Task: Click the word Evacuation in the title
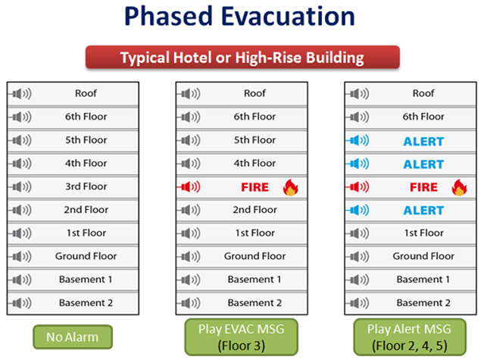point(288,16)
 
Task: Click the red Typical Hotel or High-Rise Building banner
point(242,57)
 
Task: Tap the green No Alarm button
point(73,337)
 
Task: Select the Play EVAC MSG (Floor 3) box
point(242,337)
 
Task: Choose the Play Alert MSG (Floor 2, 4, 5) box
point(410,337)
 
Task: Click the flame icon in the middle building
point(290,187)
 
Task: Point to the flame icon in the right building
point(459,187)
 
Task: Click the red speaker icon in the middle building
point(189,186)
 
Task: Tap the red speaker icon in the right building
point(358,186)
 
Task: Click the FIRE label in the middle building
point(255,187)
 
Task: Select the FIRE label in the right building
point(424,187)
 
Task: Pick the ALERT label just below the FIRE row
point(424,211)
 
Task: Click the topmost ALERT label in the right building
point(424,142)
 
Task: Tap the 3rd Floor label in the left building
point(86,186)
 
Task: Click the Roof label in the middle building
point(254,93)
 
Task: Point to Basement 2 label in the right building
point(423,303)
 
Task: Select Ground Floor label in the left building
point(86,256)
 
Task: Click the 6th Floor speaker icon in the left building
point(20,117)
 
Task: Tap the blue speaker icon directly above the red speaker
point(358,164)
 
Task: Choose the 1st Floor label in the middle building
point(255,233)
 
